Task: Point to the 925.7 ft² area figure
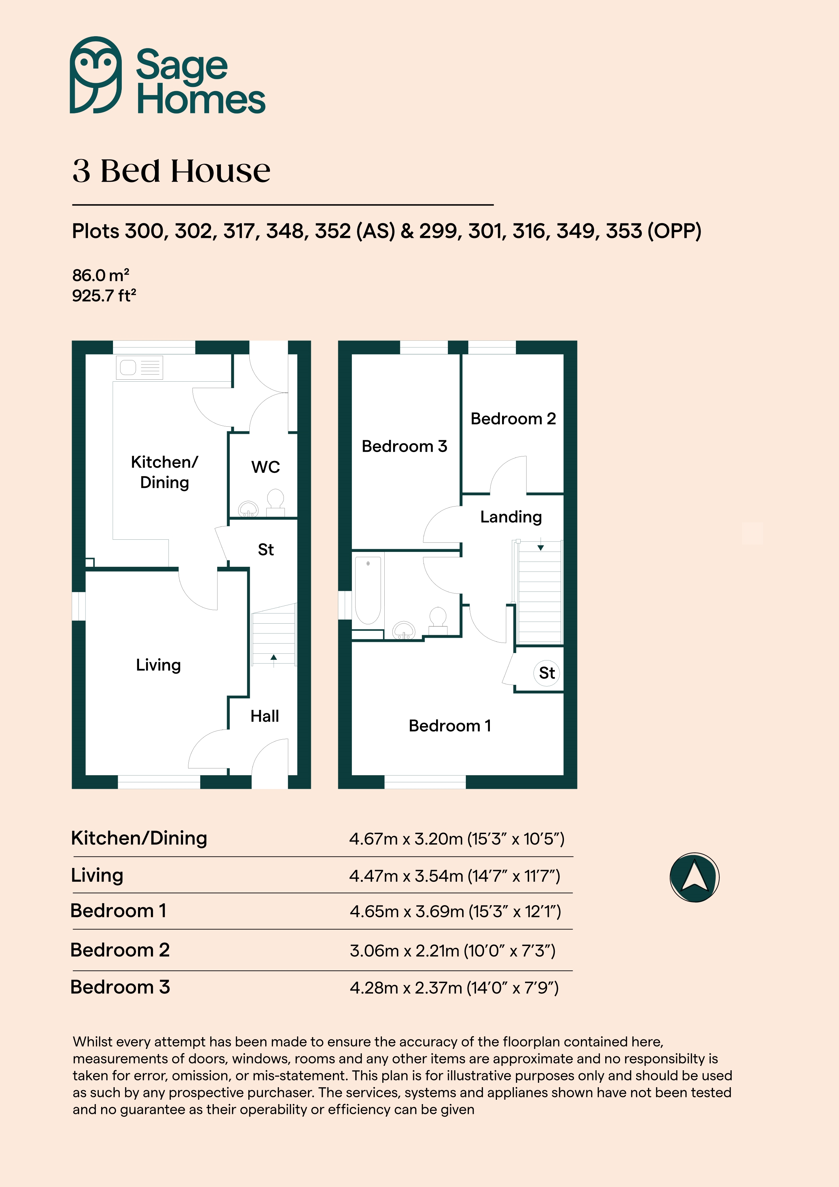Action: coord(104,296)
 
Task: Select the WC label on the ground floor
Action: coord(266,467)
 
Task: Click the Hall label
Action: coord(265,716)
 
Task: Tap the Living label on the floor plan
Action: coord(158,665)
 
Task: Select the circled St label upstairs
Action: coord(547,673)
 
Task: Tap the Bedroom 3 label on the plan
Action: coord(404,446)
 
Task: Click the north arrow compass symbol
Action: coord(694,877)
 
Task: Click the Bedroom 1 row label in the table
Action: coord(118,911)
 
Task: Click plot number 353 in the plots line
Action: coord(625,231)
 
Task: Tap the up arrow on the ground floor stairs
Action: coord(273,657)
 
